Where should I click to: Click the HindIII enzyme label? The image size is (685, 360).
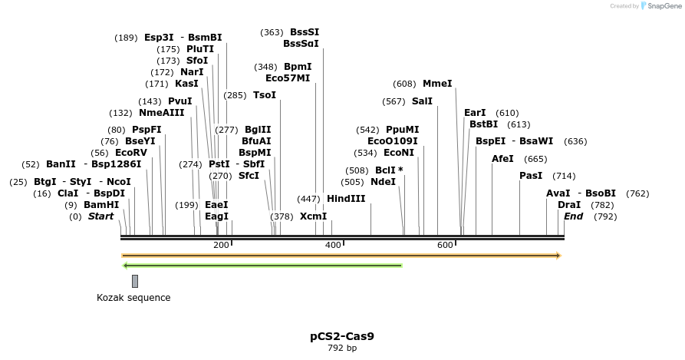point(346,199)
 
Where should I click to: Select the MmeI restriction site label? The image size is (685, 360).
point(437,84)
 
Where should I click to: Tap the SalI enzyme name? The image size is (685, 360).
point(422,101)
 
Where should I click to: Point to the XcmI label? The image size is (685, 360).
point(313,216)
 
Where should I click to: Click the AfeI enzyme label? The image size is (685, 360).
point(502,159)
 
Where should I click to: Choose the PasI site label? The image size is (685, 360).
point(531,176)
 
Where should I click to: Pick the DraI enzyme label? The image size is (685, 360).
point(569,205)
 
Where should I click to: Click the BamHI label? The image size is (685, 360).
point(101,205)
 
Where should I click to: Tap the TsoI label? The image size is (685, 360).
point(265,95)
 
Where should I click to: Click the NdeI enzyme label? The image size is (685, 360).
point(383,182)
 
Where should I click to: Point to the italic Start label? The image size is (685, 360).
point(100,216)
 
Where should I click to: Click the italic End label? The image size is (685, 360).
point(573,216)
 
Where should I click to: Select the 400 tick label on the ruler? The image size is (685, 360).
point(333,245)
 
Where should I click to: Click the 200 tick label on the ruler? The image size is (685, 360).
point(221,245)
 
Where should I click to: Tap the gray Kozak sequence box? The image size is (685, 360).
point(135,281)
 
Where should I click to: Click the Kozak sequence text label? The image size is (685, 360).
point(133,298)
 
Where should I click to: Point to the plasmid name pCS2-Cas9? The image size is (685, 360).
point(342,336)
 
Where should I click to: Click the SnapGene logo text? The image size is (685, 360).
point(660,6)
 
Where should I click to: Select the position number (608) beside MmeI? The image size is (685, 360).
point(404,84)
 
